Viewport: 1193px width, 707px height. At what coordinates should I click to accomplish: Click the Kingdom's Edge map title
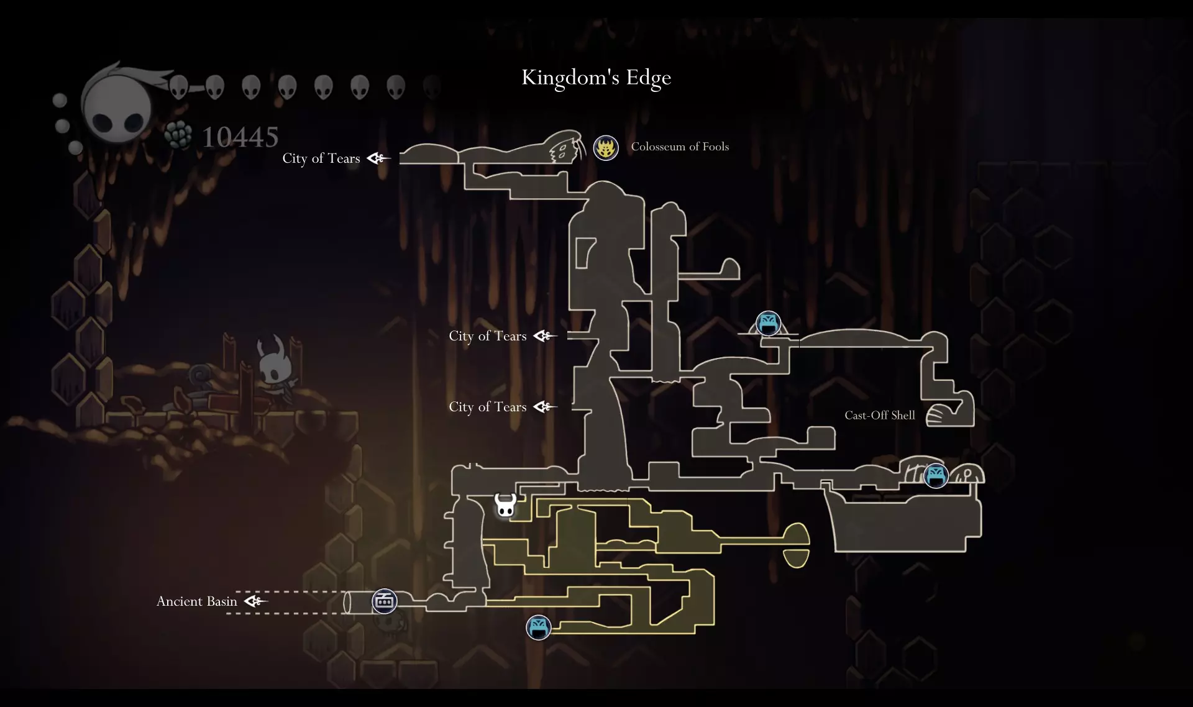596,78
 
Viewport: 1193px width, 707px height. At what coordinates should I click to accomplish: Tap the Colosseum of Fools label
680,147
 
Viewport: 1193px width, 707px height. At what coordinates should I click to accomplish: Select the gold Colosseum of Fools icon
605,148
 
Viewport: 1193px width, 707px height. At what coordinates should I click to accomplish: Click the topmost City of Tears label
321,158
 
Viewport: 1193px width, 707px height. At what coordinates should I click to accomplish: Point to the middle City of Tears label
487,336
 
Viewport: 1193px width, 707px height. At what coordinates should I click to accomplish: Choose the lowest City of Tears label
487,407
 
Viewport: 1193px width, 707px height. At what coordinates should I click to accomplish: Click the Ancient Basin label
196,601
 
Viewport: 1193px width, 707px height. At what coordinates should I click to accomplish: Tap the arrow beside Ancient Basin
255,601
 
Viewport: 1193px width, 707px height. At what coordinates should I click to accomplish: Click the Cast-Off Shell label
879,416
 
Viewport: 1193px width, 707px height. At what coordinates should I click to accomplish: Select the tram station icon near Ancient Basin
384,601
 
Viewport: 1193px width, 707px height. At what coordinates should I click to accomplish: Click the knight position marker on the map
505,505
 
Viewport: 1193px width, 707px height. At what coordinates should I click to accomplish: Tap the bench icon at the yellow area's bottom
538,627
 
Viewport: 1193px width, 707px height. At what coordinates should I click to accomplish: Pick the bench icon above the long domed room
768,324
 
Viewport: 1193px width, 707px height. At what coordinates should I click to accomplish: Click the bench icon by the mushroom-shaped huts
936,476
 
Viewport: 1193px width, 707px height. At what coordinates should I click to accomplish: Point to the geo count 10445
240,137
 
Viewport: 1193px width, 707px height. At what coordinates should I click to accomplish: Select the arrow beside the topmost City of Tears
378,158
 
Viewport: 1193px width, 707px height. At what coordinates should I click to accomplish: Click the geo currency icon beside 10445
179,135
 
